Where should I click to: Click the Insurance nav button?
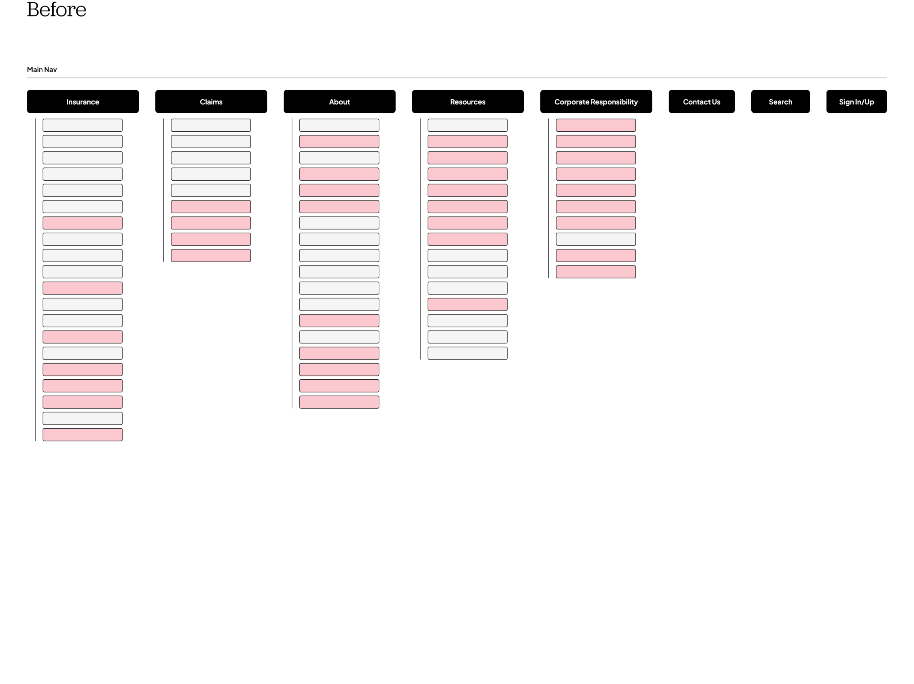(83, 102)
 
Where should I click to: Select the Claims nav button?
(211, 102)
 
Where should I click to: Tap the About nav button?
(339, 102)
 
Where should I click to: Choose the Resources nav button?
(468, 102)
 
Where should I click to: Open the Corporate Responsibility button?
(596, 102)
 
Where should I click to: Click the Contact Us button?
(702, 102)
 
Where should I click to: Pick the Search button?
(780, 102)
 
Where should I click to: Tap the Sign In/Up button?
(856, 102)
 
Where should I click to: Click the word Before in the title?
(57, 10)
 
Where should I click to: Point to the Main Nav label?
(42, 69)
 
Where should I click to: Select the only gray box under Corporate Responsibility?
(596, 239)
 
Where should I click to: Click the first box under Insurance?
(83, 125)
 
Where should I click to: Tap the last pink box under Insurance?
(83, 435)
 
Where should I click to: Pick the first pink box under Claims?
(211, 207)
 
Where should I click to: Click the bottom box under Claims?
(211, 255)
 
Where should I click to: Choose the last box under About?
(339, 402)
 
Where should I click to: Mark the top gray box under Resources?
(467, 125)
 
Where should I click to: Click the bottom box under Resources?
(467, 353)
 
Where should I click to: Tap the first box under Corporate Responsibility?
(596, 125)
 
